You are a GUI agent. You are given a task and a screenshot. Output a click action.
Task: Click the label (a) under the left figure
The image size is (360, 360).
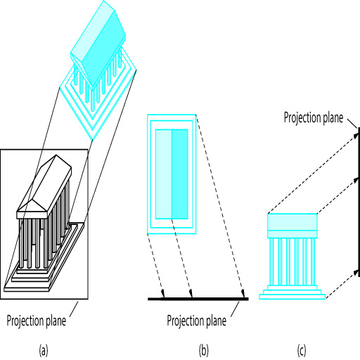(x=44, y=350)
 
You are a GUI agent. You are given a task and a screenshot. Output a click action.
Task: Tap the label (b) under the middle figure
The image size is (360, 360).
(x=203, y=350)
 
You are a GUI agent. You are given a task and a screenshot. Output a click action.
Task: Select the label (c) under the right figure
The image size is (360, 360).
(x=302, y=350)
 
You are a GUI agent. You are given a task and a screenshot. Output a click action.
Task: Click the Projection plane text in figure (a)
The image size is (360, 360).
(x=37, y=321)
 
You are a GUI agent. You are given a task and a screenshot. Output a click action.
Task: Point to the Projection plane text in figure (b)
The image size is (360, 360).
(x=196, y=321)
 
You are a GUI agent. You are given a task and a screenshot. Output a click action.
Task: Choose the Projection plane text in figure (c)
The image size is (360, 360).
(x=314, y=117)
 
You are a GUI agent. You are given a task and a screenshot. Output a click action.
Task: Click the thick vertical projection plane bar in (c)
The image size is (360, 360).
(x=359, y=202)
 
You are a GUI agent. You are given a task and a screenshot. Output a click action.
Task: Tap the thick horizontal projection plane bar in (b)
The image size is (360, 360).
(x=198, y=299)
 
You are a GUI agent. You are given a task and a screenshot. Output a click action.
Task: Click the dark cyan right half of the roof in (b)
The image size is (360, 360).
(x=180, y=174)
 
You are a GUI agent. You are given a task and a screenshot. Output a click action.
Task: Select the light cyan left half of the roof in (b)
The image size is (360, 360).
(x=164, y=174)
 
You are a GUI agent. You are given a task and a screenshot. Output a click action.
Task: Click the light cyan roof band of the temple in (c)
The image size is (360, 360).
(x=292, y=222)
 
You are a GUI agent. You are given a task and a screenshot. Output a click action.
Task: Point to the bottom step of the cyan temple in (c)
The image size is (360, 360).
(x=292, y=297)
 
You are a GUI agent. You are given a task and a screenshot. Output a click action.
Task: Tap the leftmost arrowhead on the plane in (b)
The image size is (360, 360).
(x=162, y=293)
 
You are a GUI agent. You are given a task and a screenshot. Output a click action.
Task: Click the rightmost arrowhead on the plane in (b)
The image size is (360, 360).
(x=243, y=293)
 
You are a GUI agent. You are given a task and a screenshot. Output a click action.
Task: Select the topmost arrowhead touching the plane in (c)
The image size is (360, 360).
(x=355, y=135)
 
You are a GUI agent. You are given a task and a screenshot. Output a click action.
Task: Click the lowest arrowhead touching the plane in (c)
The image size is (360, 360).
(x=355, y=273)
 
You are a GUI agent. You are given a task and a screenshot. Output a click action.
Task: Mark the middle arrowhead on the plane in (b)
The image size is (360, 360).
(x=191, y=293)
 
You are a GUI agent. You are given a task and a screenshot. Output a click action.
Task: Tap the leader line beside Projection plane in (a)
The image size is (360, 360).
(x=74, y=309)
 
